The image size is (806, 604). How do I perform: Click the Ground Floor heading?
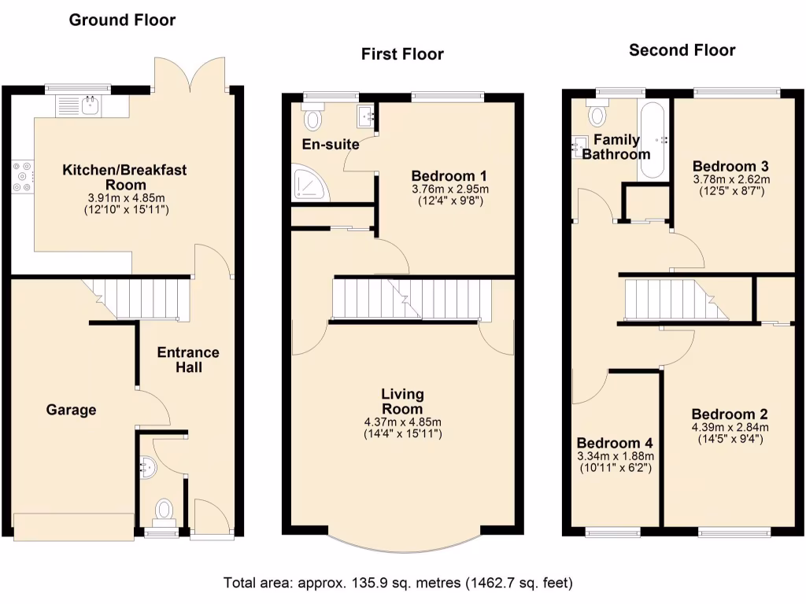(x=122, y=20)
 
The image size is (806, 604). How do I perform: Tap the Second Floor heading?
(x=682, y=50)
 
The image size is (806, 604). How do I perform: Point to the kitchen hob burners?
(x=23, y=177)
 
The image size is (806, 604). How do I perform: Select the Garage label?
(x=71, y=410)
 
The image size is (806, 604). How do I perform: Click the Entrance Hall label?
(x=188, y=359)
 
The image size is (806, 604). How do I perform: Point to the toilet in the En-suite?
(x=314, y=118)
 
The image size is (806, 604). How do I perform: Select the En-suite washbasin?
(x=366, y=116)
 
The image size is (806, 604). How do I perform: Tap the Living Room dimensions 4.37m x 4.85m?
(x=402, y=422)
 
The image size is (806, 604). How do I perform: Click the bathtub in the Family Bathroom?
(x=652, y=140)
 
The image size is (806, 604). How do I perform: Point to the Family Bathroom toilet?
(x=597, y=115)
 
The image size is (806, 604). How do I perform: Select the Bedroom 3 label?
(x=730, y=166)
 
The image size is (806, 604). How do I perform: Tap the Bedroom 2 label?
(x=730, y=414)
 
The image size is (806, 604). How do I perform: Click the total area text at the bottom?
(x=398, y=583)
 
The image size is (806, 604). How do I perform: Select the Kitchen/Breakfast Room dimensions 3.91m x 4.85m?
(x=124, y=197)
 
